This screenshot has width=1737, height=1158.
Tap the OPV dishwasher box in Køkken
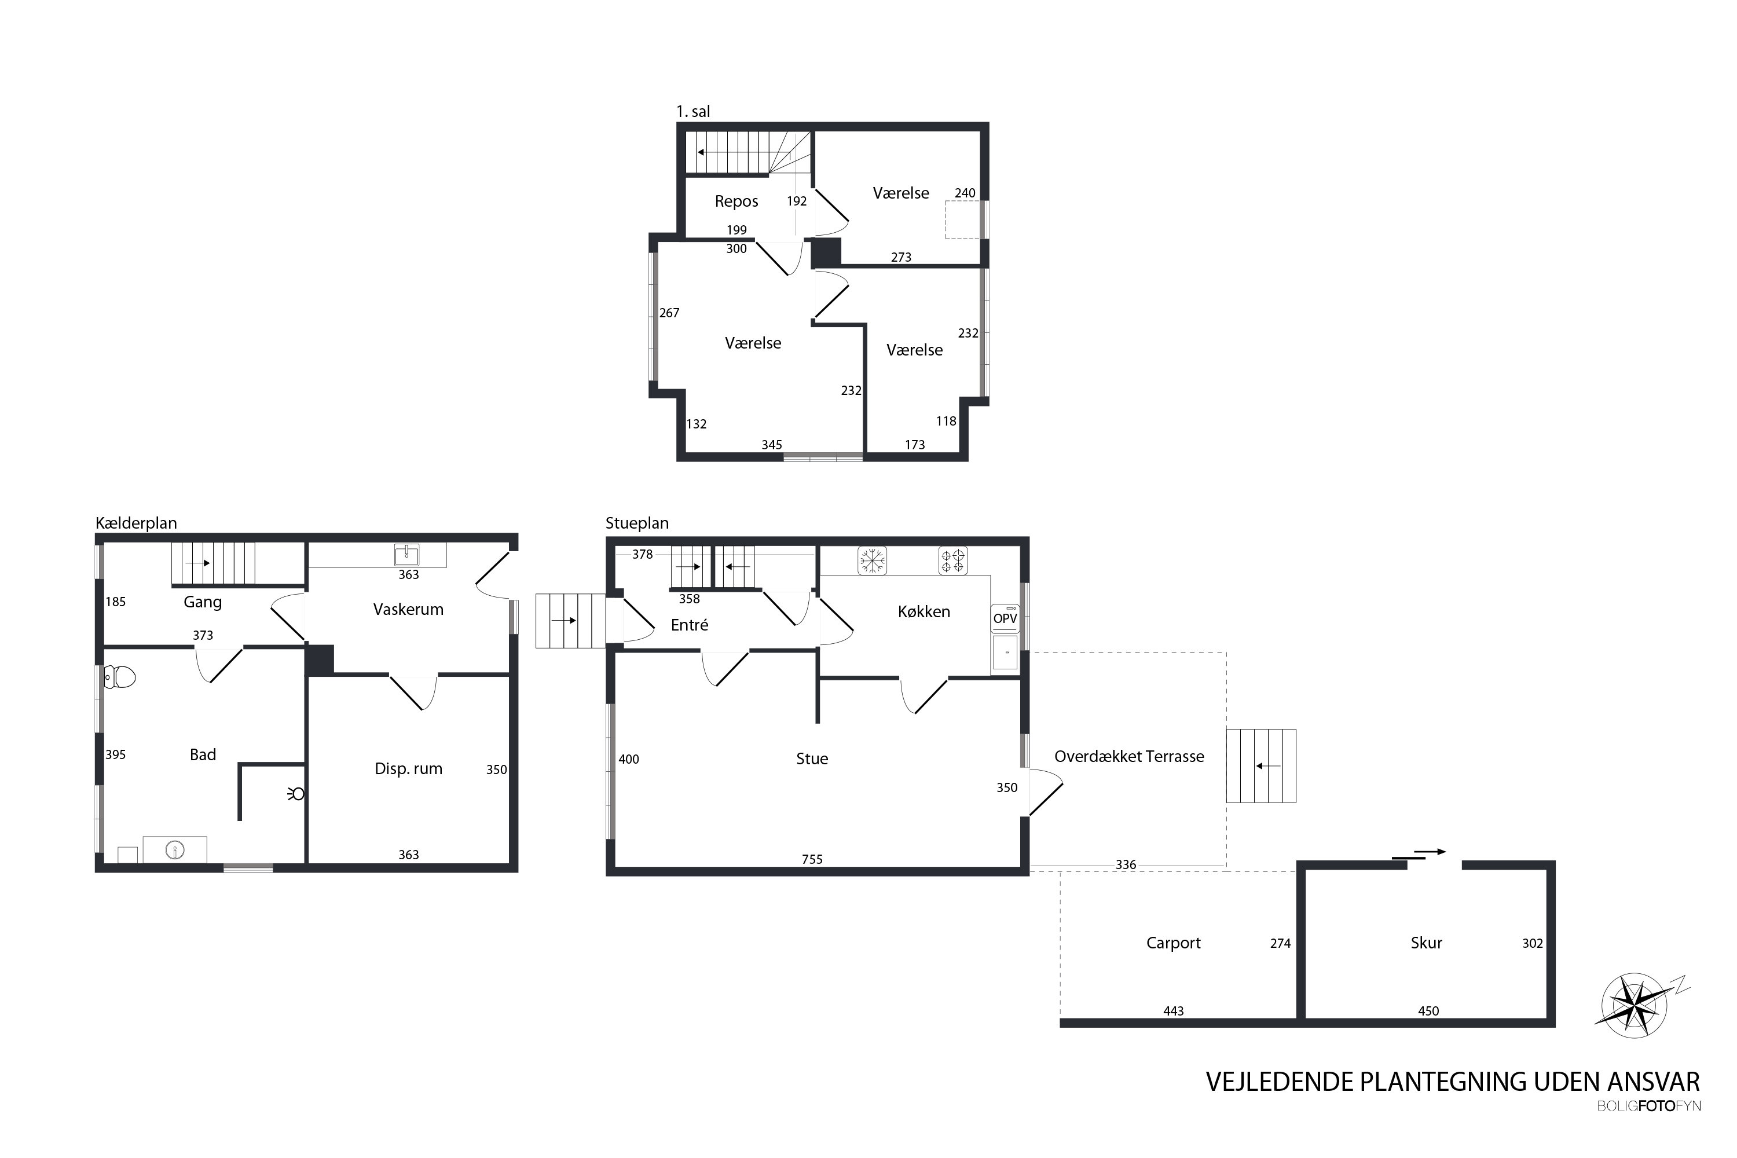(1005, 619)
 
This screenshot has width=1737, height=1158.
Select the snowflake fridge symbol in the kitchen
(872, 560)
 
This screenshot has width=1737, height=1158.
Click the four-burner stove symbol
(954, 560)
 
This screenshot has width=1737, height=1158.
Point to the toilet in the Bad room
(120, 676)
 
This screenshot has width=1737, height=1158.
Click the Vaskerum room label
(408, 609)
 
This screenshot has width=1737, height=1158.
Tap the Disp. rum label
(408, 769)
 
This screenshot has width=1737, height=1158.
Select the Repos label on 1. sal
(736, 201)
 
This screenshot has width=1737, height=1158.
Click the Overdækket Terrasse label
(1129, 756)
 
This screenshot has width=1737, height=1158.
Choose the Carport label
(1174, 943)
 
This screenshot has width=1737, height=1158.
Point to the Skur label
(1427, 943)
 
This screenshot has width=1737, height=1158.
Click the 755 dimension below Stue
(812, 859)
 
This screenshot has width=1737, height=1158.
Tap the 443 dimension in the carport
(1174, 1011)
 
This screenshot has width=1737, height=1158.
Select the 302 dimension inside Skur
(1533, 943)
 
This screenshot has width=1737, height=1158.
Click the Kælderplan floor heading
(136, 523)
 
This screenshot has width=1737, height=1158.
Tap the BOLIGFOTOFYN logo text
(1649, 1105)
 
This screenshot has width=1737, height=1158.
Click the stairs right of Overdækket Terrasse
(1262, 766)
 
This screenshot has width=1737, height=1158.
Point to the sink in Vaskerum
(407, 555)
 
